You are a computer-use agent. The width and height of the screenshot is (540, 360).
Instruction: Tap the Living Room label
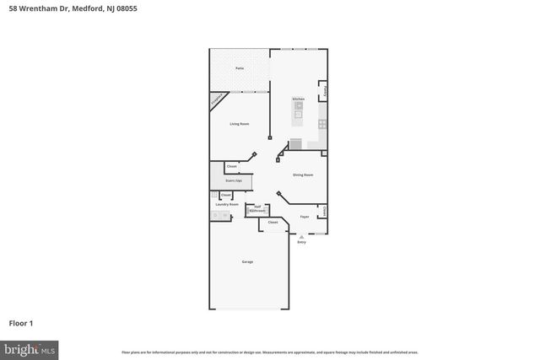[240, 124]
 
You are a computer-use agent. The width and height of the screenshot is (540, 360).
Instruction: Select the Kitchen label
[298, 99]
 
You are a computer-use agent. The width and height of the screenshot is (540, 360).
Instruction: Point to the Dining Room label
[303, 175]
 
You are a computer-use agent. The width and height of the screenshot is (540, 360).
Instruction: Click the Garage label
[247, 261]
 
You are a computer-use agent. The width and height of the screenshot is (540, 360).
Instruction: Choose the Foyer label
[305, 217]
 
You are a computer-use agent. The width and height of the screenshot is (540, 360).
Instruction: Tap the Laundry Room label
[227, 204]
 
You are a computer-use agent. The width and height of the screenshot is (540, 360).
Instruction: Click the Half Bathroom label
[256, 208]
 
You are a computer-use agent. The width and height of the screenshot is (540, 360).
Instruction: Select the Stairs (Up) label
[234, 180]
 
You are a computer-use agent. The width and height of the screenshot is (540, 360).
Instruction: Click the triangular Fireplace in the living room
[216, 100]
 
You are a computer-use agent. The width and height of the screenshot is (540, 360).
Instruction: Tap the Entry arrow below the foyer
[301, 237]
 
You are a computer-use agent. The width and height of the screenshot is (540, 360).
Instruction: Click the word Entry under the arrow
[301, 243]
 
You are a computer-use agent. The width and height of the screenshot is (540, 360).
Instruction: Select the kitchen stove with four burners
[321, 125]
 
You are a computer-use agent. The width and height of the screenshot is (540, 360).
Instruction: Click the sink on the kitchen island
[299, 109]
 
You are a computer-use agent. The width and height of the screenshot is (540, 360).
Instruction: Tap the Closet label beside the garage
[273, 223]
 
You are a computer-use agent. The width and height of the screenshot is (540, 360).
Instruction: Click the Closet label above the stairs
[231, 167]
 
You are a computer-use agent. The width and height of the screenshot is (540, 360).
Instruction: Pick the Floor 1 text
[21, 323]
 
